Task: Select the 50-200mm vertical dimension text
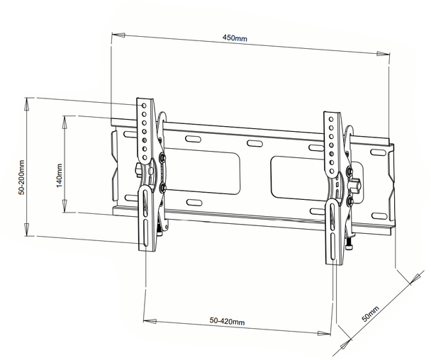[x=23, y=177]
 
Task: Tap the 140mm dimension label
[x=60, y=174]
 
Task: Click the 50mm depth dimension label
[x=369, y=313]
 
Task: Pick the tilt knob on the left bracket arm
[x=136, y=170]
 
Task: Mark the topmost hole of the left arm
[x=144, y=105]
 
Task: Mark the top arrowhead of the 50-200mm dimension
[x=27, y=102]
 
